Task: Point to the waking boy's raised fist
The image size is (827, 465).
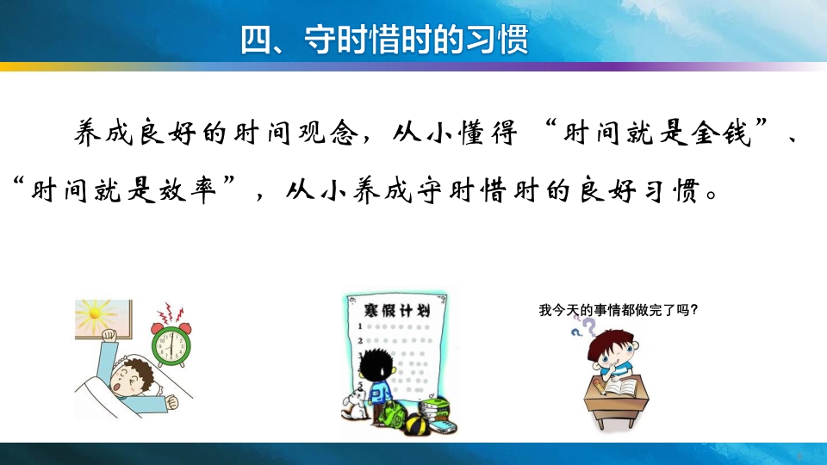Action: coord(108,337)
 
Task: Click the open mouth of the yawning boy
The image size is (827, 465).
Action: coord(117,388)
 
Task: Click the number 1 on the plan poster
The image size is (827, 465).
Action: coord(358,327)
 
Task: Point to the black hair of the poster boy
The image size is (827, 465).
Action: coord(376,360)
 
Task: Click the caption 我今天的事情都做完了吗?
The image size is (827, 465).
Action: coord(617,310)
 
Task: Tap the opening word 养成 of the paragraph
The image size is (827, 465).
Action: coord(96,135)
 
